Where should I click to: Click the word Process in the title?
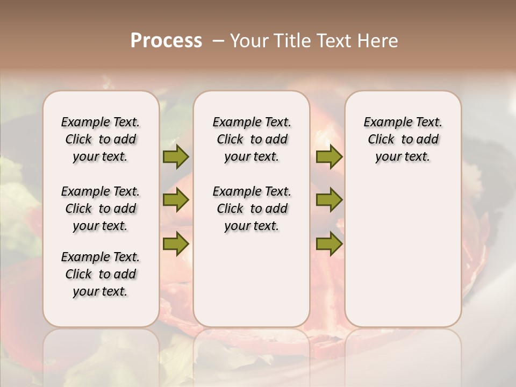(x=166, y=41)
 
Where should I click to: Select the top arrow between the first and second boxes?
(x=176, y=156)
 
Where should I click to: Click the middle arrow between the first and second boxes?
(x=176, y=200)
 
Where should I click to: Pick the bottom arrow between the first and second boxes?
(x=176, y=243)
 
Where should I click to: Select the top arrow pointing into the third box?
(x=329, y=156)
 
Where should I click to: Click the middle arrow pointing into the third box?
(x=329, y=200)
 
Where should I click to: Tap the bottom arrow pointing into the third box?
(x=329, y=243)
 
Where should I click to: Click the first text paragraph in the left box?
(x=101, y=139)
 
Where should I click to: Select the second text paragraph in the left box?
(x=101, y=209)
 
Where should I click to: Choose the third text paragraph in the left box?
(x=101, y=274)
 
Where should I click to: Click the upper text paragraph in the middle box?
(x=252, y=139)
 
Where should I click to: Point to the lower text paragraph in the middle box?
(x=252, y=209)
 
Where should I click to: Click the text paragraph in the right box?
(x=403, y=139)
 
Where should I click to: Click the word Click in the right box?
(x=381, y=140)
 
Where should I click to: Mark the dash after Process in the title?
(x=218, y=41)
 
